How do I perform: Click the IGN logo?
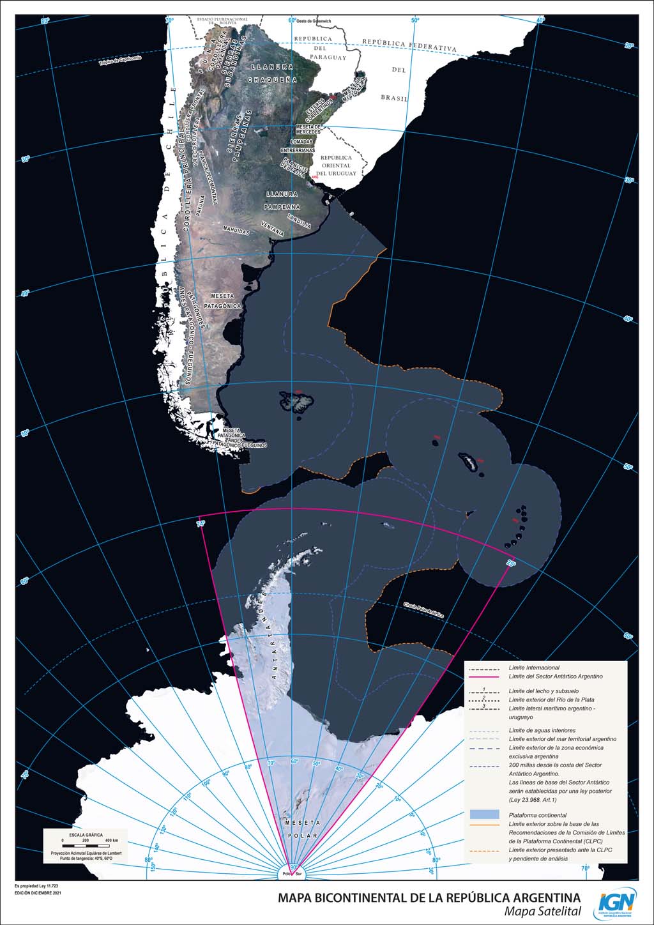pyautogui.click(x=617, y=903)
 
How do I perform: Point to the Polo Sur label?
pyautogui.click(x=293, y=873)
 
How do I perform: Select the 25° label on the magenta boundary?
pyautogui.click(x=511, y=563)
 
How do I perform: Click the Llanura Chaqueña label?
pyautogui.click(x=273, y=73)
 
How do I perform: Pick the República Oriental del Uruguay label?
pyautogui.click(x=337, y=165)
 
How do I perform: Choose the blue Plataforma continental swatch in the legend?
pyautogui.click(x=484, y=814)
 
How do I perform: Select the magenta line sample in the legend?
pyautogui.click(x=484, y=676)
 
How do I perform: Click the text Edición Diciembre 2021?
pyautogui.click(x=38, y=892)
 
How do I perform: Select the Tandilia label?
pyautogui.click(x=299, y=221)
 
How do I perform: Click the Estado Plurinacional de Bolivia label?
pyautogui.click(x=222, y=21)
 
